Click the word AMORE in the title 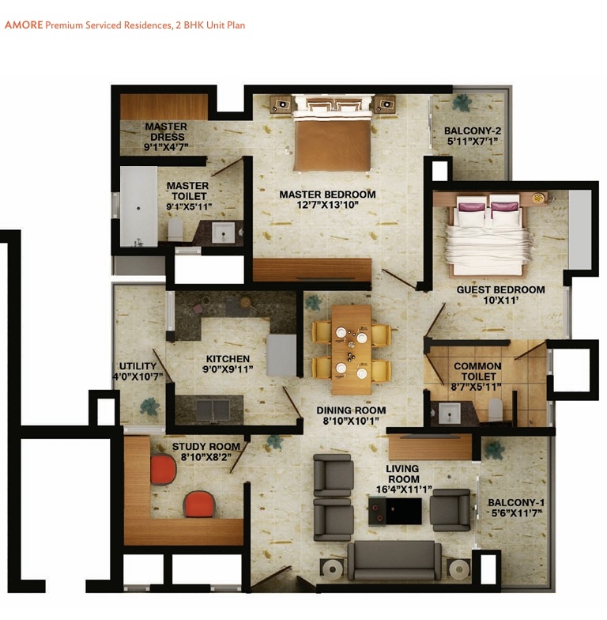click(x=23, y=25)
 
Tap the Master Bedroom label click(x=327, y=195)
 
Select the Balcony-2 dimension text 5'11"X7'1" click(x=473, y=142)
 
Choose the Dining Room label click(x=351, y=410)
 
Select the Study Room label click(x=206, y=447)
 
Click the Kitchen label click(x=228, y=358)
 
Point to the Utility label click(x=138, y=366)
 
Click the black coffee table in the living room click(x=393, y=511)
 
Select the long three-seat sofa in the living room click(x=395, y=560)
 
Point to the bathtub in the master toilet click(x=138, y=206)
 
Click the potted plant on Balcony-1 click(x=495, y=450)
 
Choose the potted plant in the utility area click(x=148, y=406)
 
